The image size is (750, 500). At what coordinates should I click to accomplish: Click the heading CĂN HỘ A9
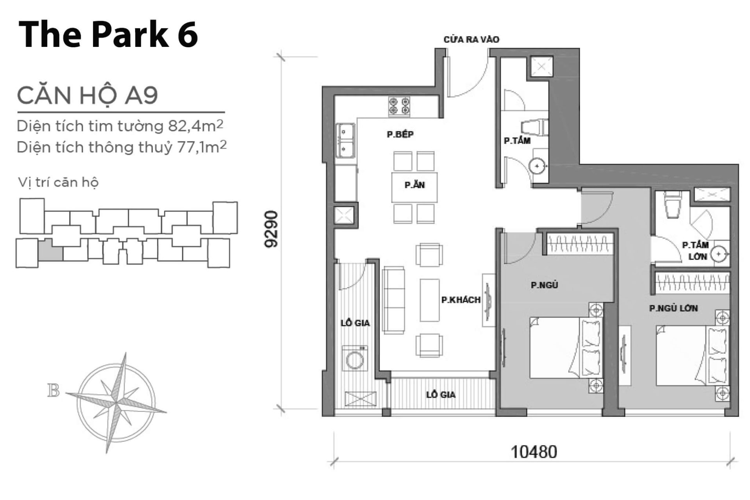(87, 95)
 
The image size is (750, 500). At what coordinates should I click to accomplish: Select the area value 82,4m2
(196, 126)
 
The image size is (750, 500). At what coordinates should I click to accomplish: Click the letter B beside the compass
(54, 390)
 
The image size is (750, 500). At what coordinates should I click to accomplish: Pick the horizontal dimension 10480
(534, 452)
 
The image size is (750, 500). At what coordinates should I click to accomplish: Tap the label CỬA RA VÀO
(471, 39)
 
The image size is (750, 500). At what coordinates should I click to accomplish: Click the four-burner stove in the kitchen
(399, 107)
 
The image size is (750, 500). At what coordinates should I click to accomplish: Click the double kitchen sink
(346, 141)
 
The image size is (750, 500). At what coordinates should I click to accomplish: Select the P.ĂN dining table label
(414, 185)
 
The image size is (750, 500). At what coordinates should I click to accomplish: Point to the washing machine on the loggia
(355, 359)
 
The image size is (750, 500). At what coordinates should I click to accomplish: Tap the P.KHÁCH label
(461, 300)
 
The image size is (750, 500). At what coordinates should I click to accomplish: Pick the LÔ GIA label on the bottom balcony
(441, 395)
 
